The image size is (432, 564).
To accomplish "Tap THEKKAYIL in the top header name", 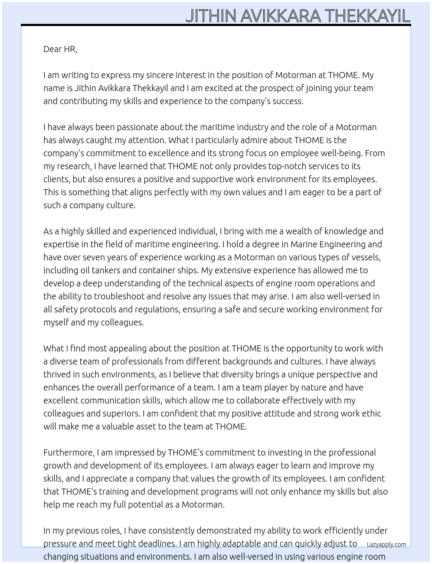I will pyautogui.click(x=367, y=16).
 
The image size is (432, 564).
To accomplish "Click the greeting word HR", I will pyautogui.click(x=70, y=49).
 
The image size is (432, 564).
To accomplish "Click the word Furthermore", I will pyautogui.click(x=69, y=453).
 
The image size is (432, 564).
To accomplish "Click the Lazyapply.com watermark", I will pyautogui.click(x=386, y=544).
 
